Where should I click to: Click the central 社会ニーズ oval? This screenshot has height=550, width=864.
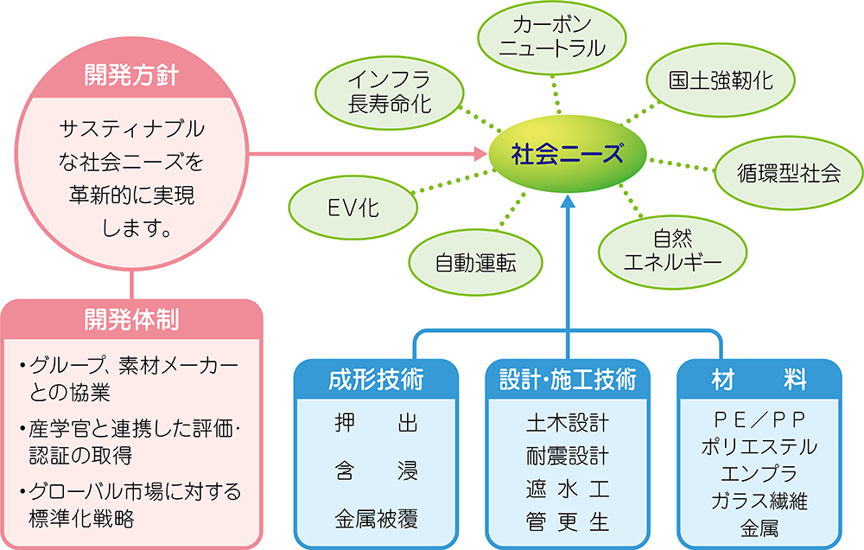(567, 155)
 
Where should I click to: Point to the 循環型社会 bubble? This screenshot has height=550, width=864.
(783, 173)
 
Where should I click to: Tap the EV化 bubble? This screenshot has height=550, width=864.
(353, 207)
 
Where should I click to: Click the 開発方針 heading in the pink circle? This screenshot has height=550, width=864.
(131, 75)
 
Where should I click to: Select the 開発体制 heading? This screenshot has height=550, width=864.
(131, 320)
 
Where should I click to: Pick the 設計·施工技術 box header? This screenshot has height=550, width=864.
(568, 380)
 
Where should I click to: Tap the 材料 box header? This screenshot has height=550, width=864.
(759, 380)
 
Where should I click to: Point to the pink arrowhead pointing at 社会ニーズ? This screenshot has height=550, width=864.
(480, 155)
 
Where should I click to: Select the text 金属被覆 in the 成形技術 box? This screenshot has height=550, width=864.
(376, 520)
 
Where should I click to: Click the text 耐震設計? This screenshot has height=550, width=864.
(568, 456)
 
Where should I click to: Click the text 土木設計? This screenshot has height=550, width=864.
(568, 423)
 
